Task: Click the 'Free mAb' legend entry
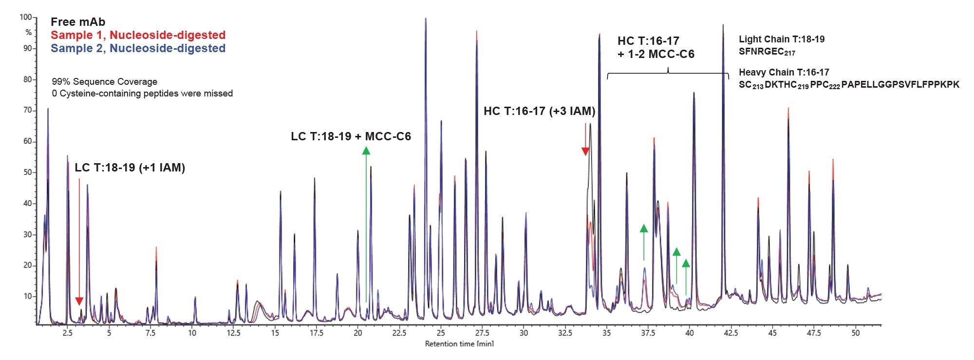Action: [x=78, y=22]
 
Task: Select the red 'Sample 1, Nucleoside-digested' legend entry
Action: [x=138, y=35]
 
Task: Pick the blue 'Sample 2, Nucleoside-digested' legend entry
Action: [x=138, y=48]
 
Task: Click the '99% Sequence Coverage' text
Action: [x=105, y=81]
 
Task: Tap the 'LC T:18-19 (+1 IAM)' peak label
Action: [x=130, y=168]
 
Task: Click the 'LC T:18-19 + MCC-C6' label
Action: [x=351, y=136]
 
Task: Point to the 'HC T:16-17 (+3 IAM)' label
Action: [x=539, y=112]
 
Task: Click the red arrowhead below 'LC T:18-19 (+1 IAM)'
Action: [x=79, y=301]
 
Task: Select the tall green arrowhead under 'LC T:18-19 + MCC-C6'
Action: [x=366, y=151]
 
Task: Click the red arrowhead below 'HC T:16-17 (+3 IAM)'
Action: [x=585, y=152]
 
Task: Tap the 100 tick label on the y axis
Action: [x=25, y=18]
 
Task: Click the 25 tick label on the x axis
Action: [x=440, y=334]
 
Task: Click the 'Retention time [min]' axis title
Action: [x=459, y=344]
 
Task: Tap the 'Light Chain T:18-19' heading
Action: [x=782, y=39]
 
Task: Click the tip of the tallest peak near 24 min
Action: [x=426, y=19]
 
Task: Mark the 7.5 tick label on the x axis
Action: [x=150, y=334]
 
